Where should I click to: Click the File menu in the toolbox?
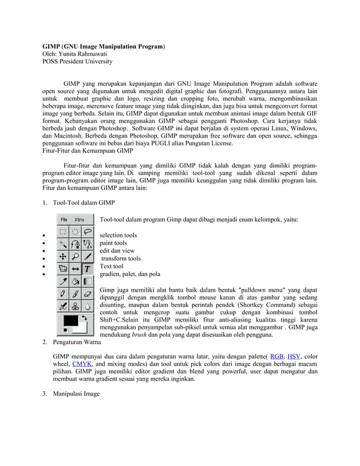(x=64, y=219)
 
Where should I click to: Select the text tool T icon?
(x=88, y=269)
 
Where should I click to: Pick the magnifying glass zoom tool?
(x=76, y=257)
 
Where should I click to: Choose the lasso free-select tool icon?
(x=88, y=231)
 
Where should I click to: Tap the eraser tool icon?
(x=88, y=293)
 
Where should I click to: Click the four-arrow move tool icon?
(x=63, y=257)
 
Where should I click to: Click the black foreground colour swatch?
(x=71, y=321)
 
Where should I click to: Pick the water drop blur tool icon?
(x=88, y=306)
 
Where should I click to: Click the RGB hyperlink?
(x=277, y=356)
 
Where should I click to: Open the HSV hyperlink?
(x=295, y=356)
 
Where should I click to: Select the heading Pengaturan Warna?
(x=78, y=342)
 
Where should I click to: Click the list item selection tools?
(x=118, y=235)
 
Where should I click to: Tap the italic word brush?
(x=140, y=335)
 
